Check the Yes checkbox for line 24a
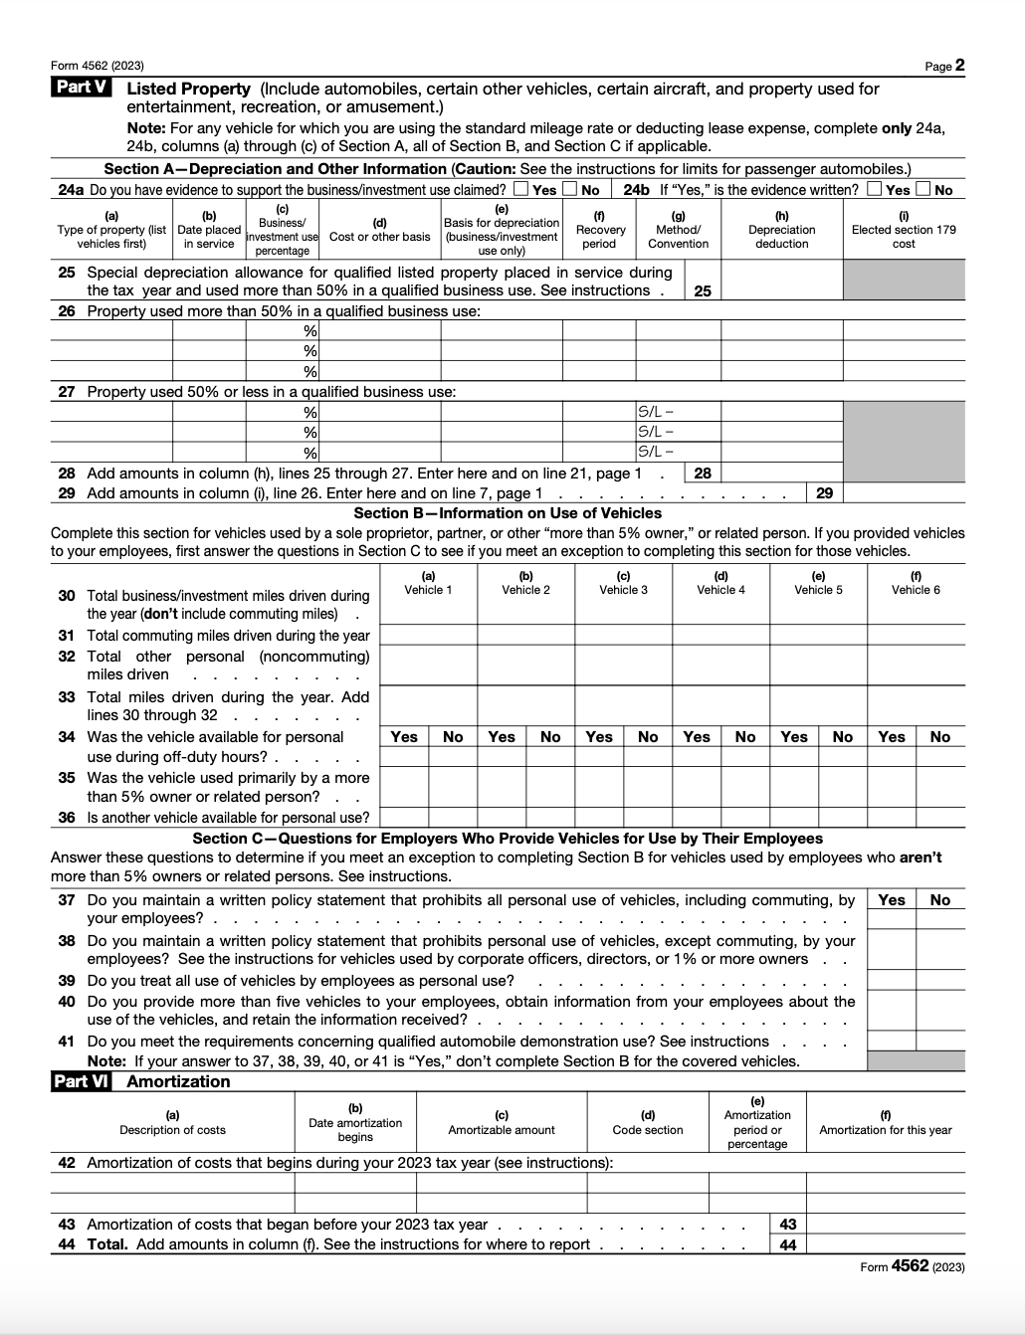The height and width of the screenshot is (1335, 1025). (x=521, y=189)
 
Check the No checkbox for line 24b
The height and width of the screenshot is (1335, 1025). (x=923, y=189)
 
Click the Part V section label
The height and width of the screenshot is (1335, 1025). (x=82, y=88)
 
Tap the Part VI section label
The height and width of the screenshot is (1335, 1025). (x=82, y=1081)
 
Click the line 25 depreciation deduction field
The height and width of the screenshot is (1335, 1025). (x=781, y=281)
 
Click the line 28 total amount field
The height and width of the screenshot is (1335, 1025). (x=781, y=474)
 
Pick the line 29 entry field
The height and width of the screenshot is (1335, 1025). (x=904, y=493)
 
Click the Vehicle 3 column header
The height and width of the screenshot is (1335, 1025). (x=623, y=583)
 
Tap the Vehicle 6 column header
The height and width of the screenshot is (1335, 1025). (x=916, y=583)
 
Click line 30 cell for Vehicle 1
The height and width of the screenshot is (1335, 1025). (x=428, y=605)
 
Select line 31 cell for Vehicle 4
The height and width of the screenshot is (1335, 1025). (x=720, y=635)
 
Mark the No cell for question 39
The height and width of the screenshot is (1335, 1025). (x=940, y=981)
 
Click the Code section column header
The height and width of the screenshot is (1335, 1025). (x=648, y=1129)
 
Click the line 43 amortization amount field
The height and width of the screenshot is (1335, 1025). (x=885, y=1225)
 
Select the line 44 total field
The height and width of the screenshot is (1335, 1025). (x=885, y=1244)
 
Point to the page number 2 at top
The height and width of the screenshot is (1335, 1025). (x=959, y=66)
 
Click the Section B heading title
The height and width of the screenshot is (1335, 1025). (x=508, y=513)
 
